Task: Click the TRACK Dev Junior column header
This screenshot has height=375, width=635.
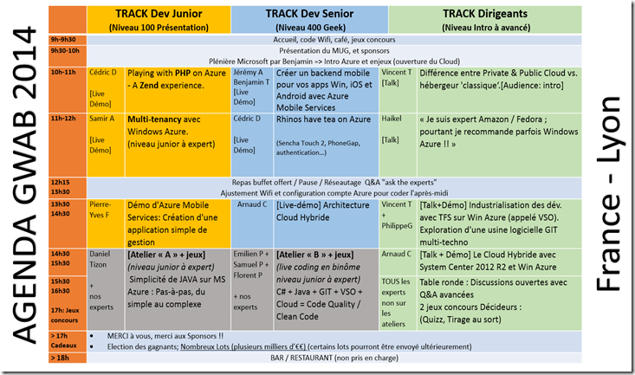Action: click(159, 15)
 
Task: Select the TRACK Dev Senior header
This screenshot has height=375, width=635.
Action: click(308, 15)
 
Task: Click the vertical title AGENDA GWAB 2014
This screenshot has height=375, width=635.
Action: click(26, 187)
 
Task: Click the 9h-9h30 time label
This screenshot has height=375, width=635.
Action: click(63, 40)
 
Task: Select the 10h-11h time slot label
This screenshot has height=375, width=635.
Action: click(63, 73)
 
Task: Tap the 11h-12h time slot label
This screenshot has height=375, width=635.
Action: click(63, 117)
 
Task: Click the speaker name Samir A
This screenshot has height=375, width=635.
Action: click(101, 118)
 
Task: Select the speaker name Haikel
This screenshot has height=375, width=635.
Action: click(393, 118)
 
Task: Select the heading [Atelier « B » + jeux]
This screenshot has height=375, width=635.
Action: click(314, 255)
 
